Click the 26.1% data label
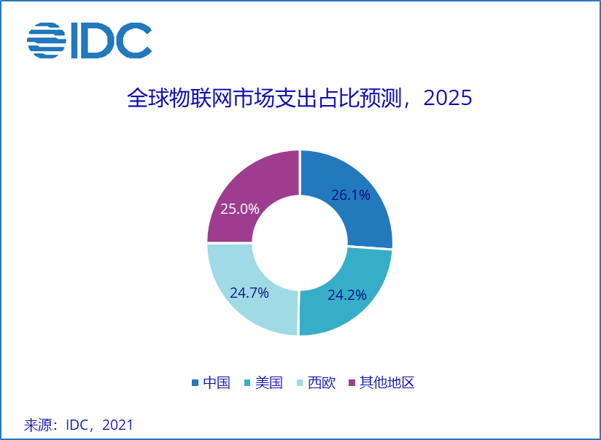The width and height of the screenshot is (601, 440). click(351, 196)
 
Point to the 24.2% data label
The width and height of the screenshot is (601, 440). click(346, 296)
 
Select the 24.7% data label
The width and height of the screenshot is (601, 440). click(249, 293)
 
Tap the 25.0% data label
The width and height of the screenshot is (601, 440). click(240, 209)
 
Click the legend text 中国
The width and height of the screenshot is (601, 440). click(217, 382)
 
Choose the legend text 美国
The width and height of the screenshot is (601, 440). click(269, 382)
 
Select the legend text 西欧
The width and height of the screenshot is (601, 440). click(322, 382)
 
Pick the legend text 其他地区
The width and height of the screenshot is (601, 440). click(387, 382)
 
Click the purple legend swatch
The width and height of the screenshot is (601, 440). click(353, 383)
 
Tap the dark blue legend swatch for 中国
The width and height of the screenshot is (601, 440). click(195, 383)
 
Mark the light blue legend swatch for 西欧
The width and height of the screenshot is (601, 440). click(300, 383)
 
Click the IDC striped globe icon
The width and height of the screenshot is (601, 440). click(46, 41)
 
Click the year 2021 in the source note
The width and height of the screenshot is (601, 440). click(118, 425)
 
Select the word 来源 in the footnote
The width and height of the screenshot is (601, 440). click(38, 425)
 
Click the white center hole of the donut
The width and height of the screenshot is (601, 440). click(300, 243)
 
